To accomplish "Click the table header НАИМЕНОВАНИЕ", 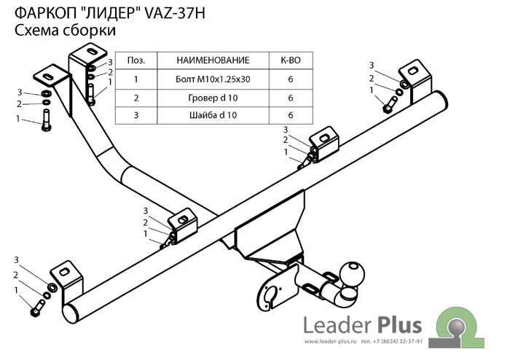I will pyautogui.click(x=212, y=60).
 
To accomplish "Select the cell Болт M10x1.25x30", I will pyautogui.click(x=212, y=78).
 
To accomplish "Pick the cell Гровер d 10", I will pyautogui.click(x=212, y=97).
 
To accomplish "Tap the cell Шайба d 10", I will pyautogui.click(x=212, y=115).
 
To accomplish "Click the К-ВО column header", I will pyautogui.click(x=291, y=60).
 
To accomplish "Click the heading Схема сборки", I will pyautogui.click(x=66, y=31).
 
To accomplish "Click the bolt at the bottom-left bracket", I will pyautogui.click(x=36, y=310).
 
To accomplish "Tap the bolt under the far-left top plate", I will pyautogui.click(x=47, y=122).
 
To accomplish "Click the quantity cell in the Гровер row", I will pyautogui.click(x=291, y=97).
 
